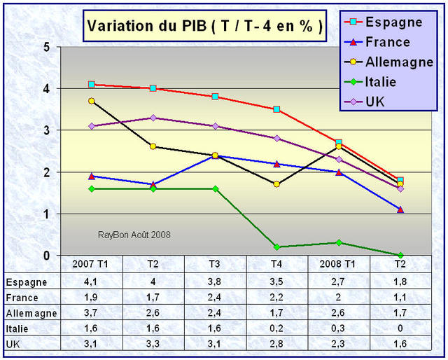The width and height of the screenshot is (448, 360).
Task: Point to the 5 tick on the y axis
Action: (x=45, y=48)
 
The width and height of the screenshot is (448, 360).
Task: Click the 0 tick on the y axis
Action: (x=45, y=255)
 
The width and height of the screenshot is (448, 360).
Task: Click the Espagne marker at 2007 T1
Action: (x=92, y=85)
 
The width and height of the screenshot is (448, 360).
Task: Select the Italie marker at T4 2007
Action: (x=276, y=247)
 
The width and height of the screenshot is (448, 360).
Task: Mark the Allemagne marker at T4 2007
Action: (x=276, y=184)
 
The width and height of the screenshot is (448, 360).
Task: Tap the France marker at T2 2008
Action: (x=400, y=209)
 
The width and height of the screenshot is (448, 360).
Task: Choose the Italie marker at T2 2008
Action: (x=400, y=255)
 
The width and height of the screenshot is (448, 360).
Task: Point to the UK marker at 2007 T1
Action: (x=92, y=126)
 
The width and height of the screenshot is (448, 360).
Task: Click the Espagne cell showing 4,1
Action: (x=92, y=282)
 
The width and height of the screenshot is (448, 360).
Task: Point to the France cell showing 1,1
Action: (x=400, y=296)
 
